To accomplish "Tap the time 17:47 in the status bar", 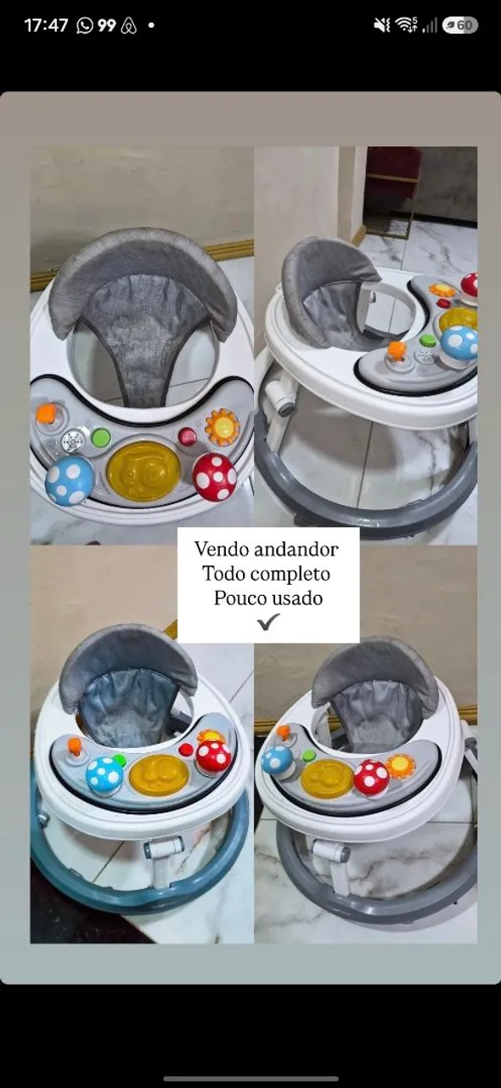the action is [46, 25].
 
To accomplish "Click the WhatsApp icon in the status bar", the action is [84, 25].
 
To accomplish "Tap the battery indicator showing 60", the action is [459, 25].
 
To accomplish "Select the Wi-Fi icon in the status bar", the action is [406, 25].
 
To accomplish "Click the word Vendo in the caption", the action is [222, 549].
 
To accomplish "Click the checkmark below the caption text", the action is [268, 621].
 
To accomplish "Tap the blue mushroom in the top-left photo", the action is [70, 479].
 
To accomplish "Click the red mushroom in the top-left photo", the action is [215, 477].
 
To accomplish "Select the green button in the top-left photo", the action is [101, 438].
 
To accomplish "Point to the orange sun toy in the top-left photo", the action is [222, 428].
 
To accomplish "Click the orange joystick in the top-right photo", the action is [397, 351].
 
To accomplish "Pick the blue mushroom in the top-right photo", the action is [459, 343].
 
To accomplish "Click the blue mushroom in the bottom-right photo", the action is [278, 759].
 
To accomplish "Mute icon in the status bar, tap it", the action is [382, 25].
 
